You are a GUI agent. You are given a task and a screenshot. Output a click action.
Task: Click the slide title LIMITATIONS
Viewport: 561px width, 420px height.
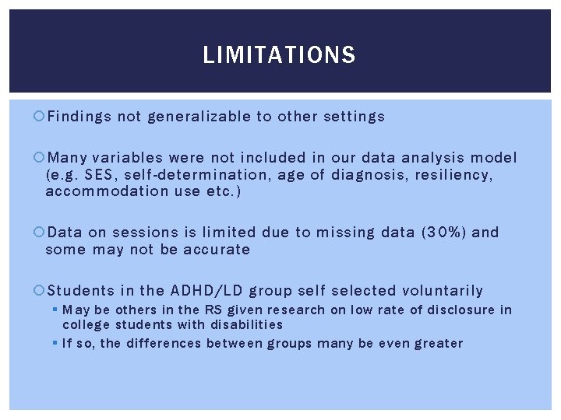[x=279, y=55]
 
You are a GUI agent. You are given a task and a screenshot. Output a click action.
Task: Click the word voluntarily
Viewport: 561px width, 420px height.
[x=442, y=291]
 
